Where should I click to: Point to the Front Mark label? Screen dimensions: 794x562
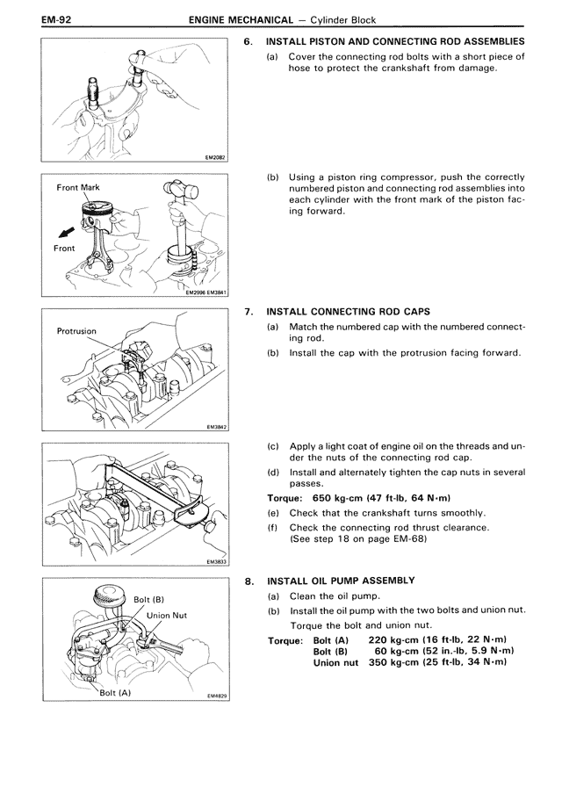(78, 188)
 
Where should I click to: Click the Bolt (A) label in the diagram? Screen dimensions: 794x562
(116, 693)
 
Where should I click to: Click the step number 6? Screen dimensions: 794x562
(248, 41)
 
